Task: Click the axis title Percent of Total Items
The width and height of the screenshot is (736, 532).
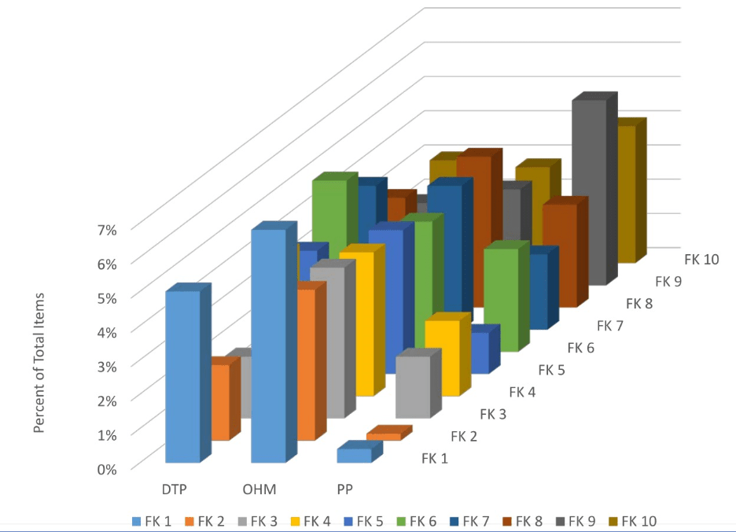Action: pyautogui.click(x=39, y=363)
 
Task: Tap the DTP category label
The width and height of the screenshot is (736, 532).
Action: pyautogui.click(x=175, y=489)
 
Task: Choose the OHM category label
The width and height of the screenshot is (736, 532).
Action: pyautogui.click(x=259, y=489)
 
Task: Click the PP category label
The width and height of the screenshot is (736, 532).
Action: pyautogui.click(x=344, y=489)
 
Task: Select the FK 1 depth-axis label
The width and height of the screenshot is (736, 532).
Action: pyautogui.click(x=434, y=458)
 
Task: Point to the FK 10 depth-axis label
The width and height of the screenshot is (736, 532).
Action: pyautogui.click(x=702, y=258)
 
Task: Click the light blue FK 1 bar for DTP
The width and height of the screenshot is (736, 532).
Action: pyautogui.click(x=182, y=378)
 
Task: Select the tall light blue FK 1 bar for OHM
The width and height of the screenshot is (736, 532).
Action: pyautogui.click(x=267, y=346)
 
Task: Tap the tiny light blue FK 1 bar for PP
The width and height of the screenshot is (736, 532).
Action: pyautogui.click(x=354, y=455)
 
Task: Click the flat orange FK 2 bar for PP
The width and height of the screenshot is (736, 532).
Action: pyautogui.click(x=384, y=436)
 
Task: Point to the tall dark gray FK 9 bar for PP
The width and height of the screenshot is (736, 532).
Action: pyautogui.click(x=589, y=193)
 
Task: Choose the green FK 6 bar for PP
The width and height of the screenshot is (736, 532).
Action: pyautogui.click(x=501, y=299)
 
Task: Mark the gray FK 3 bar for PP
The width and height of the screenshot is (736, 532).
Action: pyautogui.click(x=413, y=386)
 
